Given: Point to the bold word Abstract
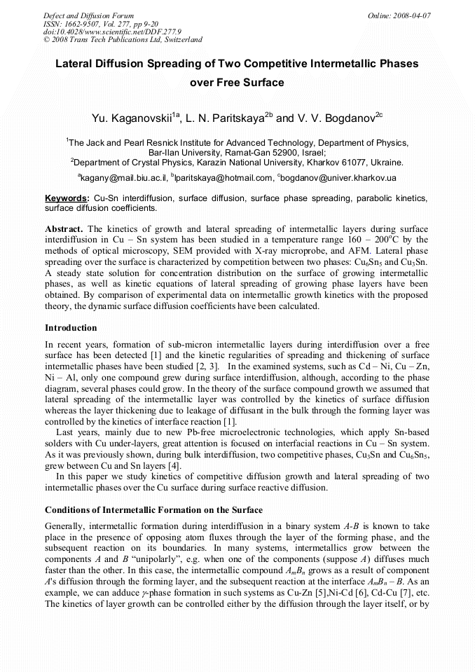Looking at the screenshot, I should (65, 229).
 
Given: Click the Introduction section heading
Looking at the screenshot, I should (71, 328).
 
